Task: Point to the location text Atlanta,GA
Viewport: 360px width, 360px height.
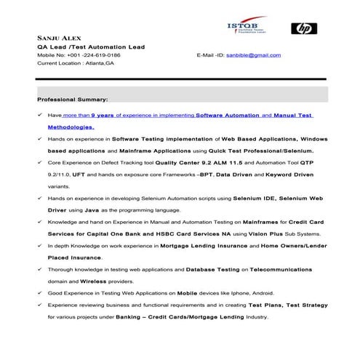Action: point(99,63)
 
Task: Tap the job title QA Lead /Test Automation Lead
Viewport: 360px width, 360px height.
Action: point(90,47)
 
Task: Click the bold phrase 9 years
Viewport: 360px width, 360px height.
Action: point(104,115)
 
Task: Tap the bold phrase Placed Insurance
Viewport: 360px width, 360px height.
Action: point(76,257)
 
